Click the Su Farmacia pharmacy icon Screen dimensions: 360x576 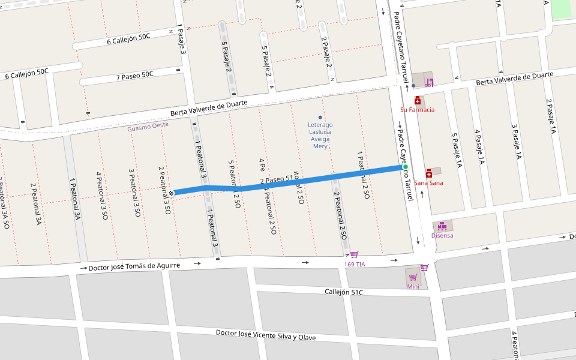pyautogui.click(x=418, y=101)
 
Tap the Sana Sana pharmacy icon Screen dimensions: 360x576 pyautogui.click(x=428, y=173)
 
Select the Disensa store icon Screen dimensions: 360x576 pyautogui.click(x=442, y=226)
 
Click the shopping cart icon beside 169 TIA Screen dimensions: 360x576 pyautogui.click(x=354, y=255)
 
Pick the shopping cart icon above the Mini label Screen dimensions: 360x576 pyautogui.click(x=413, y=277)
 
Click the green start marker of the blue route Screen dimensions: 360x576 pyautogui.click(x=406, y=167)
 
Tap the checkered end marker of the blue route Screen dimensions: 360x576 pyautogui.click(x=172, y=193)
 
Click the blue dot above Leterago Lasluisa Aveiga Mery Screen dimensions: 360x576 pyautogui.click(x=320, y=117)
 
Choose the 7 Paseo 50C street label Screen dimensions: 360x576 pyautogui.click(x=135, y=76)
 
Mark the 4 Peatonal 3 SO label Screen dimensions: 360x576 pyautogui.click(x=101, y=194)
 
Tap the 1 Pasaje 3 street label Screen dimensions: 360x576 pyautogui.click(x=180, y=40)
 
